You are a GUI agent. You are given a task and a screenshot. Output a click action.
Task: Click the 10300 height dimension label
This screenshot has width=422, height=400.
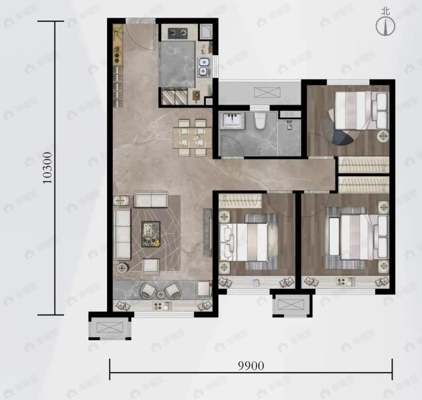[47, 168]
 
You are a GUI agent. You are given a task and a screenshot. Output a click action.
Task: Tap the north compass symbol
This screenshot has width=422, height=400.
[385, 24]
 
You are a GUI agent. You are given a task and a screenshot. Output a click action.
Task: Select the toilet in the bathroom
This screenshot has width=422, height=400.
[260, 121]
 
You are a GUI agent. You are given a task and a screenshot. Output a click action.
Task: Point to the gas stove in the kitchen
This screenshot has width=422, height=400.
[178, 33]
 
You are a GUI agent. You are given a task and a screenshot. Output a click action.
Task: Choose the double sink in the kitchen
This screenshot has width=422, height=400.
[204, 67]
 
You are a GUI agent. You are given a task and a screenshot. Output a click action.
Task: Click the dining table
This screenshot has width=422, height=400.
[193, 138]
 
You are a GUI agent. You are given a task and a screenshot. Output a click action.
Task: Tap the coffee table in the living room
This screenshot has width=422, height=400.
[151, 234]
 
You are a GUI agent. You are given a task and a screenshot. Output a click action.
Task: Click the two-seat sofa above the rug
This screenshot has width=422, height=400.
[151, 199]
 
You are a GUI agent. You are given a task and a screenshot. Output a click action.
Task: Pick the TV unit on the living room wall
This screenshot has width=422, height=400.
[208, 233]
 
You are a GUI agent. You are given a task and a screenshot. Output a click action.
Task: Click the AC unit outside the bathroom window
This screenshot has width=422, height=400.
[267, 92]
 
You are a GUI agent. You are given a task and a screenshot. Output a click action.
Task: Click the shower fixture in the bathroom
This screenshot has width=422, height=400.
[289, 124]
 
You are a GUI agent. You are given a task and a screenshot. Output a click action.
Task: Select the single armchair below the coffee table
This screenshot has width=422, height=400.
[151, 266]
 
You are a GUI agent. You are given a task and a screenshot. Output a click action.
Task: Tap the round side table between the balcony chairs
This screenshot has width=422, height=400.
[160, 294]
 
